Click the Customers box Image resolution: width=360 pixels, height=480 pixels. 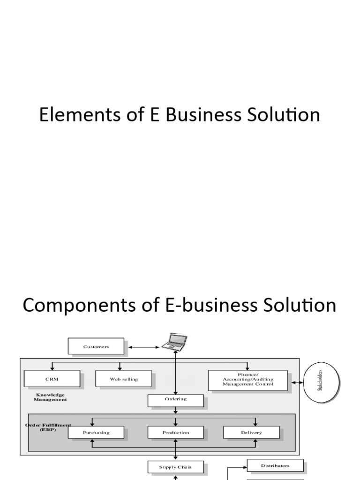[x=96, y=347]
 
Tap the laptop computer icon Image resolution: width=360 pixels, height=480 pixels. [x=174, y=342]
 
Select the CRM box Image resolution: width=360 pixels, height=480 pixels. [x=52, y=379]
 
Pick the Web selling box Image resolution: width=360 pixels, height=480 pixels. [x=124, y=379]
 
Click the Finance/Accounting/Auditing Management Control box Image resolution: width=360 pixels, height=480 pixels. [x=248, y=380]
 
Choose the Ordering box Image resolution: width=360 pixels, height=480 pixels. [x=176, y=400]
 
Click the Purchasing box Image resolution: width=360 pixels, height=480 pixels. [x=96, y=432]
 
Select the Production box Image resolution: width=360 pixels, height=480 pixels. [x=176, y=432]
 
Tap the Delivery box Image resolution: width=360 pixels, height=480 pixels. [x=252, y=432]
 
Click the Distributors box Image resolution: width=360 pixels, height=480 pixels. [x=275, y=465]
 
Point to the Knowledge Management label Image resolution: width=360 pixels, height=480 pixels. [x=50, y=397]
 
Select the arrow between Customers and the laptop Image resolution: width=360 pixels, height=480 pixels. [x=143, y=347]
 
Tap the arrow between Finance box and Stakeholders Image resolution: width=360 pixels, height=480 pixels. [x=297, y=382]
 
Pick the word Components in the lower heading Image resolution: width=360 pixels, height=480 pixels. [x=79, y=305]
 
